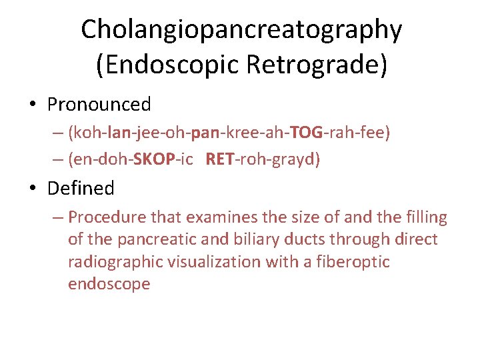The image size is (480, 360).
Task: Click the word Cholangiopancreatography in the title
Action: click(241, 29)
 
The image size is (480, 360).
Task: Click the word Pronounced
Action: click(99, 105)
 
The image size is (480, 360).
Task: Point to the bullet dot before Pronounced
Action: click(32, 105)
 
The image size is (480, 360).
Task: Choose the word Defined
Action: click(81, 188)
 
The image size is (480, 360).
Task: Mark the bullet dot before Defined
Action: click(32, 189)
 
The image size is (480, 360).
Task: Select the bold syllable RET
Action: click(219, 160)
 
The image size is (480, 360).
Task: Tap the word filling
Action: click(425, 217)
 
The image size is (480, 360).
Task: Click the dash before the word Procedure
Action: click(57, 217)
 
